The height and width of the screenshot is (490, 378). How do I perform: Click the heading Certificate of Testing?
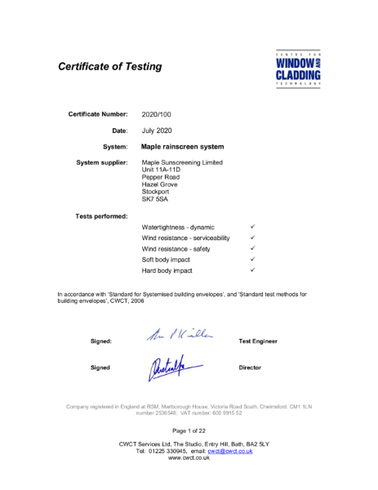click(109, 66)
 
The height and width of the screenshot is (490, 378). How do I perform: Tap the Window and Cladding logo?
click(299, 68)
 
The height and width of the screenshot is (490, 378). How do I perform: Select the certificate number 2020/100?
click(158, 114)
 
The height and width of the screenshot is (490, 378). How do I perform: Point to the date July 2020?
click(158, 131)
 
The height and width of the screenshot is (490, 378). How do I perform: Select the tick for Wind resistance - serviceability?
click(254, 237)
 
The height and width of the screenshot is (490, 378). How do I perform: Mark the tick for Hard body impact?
click(254, 269)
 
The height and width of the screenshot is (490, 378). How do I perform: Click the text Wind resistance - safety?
click(177, 247)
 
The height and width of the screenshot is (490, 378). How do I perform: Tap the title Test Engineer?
click(258, 340)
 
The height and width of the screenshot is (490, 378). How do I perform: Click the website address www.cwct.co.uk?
click(189, 458)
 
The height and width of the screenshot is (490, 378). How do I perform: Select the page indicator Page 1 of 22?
click(189, 430)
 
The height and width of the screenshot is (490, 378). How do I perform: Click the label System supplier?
click(102, 163)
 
